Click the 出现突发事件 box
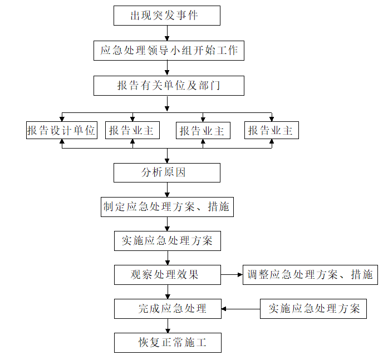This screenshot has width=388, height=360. (167, 16)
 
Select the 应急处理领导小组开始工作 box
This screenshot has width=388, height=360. (169, 51)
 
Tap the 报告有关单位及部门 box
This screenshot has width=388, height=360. (169, 86)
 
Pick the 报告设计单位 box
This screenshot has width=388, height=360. (62, 130)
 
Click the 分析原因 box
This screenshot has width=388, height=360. (167, 172)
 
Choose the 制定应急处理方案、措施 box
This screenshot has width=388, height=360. (167, 207)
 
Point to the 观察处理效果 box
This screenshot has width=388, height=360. (167, 275)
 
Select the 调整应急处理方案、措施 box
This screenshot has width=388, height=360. (310, 275)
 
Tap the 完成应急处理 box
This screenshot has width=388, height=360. (168, 309)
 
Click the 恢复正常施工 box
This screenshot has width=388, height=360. (168, 343)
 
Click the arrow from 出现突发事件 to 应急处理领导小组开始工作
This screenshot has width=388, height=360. (167, 33)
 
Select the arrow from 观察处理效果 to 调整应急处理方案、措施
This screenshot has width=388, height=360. (232, 275)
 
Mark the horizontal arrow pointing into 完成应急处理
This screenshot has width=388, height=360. (241, 309)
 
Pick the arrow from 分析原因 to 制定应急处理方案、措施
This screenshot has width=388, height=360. (167, 190)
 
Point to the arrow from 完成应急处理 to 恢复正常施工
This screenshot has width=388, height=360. (168, 326)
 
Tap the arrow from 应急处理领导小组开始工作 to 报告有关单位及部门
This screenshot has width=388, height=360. (167, 68)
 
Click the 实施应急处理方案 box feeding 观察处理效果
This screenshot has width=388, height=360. (167, 241)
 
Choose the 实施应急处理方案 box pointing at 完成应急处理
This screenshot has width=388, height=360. (313, 309)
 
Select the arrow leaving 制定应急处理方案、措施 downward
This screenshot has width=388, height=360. (167, 224)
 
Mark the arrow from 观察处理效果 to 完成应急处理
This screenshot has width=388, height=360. (168, 292)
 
